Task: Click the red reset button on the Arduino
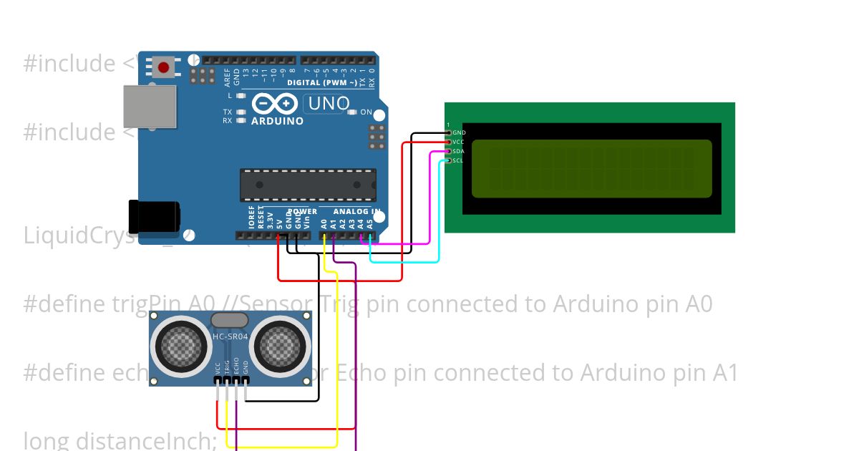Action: tap(164, 68)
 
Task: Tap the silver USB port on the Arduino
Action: tap(150, 107)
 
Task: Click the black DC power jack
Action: tap(154, 217)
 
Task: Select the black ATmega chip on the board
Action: tap(308, 185)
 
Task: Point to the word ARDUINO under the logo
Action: tap(277, 121)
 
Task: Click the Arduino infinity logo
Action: tap(275, 105)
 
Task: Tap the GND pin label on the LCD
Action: tap(459, 132)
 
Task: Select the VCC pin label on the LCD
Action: tap(459, 142)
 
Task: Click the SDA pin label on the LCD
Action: tap(459, 151)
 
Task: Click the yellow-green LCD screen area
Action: tap(591, 168)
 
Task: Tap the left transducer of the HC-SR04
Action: tap(180, 346)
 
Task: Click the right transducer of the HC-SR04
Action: tap(280, 346)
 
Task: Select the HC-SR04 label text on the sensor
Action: tap(230, 336)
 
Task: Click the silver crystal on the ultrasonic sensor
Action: tap(230, 320)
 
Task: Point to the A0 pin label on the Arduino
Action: tap(324, 223)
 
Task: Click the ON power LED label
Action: tap(366, 112)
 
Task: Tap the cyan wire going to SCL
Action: tap(439, 215)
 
